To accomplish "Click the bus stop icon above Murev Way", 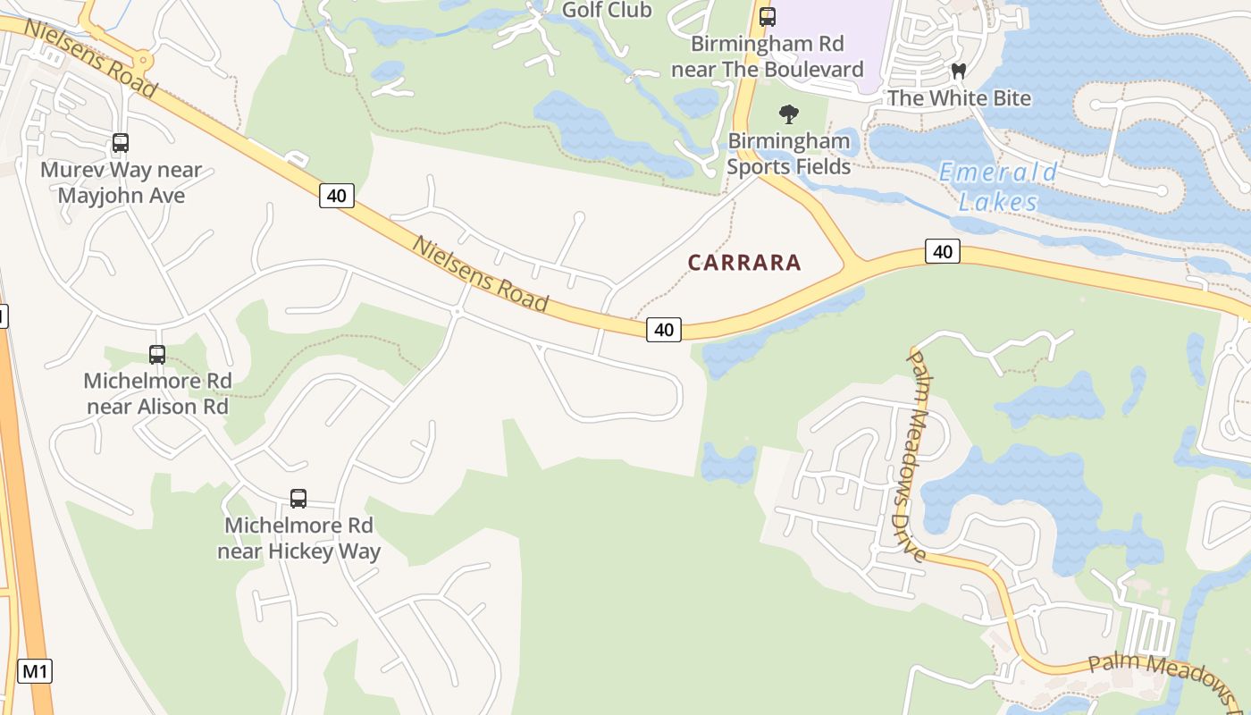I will pyautogui.click(x=121, y=143).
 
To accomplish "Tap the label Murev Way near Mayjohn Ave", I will pyautogui.click(x=122, y=182).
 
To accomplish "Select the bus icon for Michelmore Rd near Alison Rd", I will pyautogui.click(x=157, y=355).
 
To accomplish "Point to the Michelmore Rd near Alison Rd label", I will pyautogui.click(x=157, y=393).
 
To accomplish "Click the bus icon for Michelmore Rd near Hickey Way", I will pyautogui.click(x=298, y=499).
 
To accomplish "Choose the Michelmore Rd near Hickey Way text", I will pyautogui.click(x=298, y=538).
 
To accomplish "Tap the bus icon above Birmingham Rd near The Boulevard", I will pyautogui.click(x=767, y=16).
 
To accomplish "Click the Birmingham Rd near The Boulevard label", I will pyautogui.click(x=768, y=56).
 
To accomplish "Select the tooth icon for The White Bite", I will pyautogui.click(x=959, y=71).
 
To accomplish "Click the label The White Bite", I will pyautogui.click(x=959, y=98).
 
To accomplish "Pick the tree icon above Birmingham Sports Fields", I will pyautogui.click(x=788, y=114).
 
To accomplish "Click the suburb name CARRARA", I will pyautogui.click(x=744, y=263).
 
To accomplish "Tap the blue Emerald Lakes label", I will pyautogui.click(x=998, y=187).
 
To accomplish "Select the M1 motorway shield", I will pyautogui.click(x=35, y=671).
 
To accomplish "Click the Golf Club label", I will pyautogui.click(x=607, y=11).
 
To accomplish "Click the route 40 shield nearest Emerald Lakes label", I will pyautogui.click(x=943, y=252).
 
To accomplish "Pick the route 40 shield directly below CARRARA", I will pyautogui.click(x=663, y=330).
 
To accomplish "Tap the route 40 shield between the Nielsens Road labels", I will pyautogui.click(x=337, y=196).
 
